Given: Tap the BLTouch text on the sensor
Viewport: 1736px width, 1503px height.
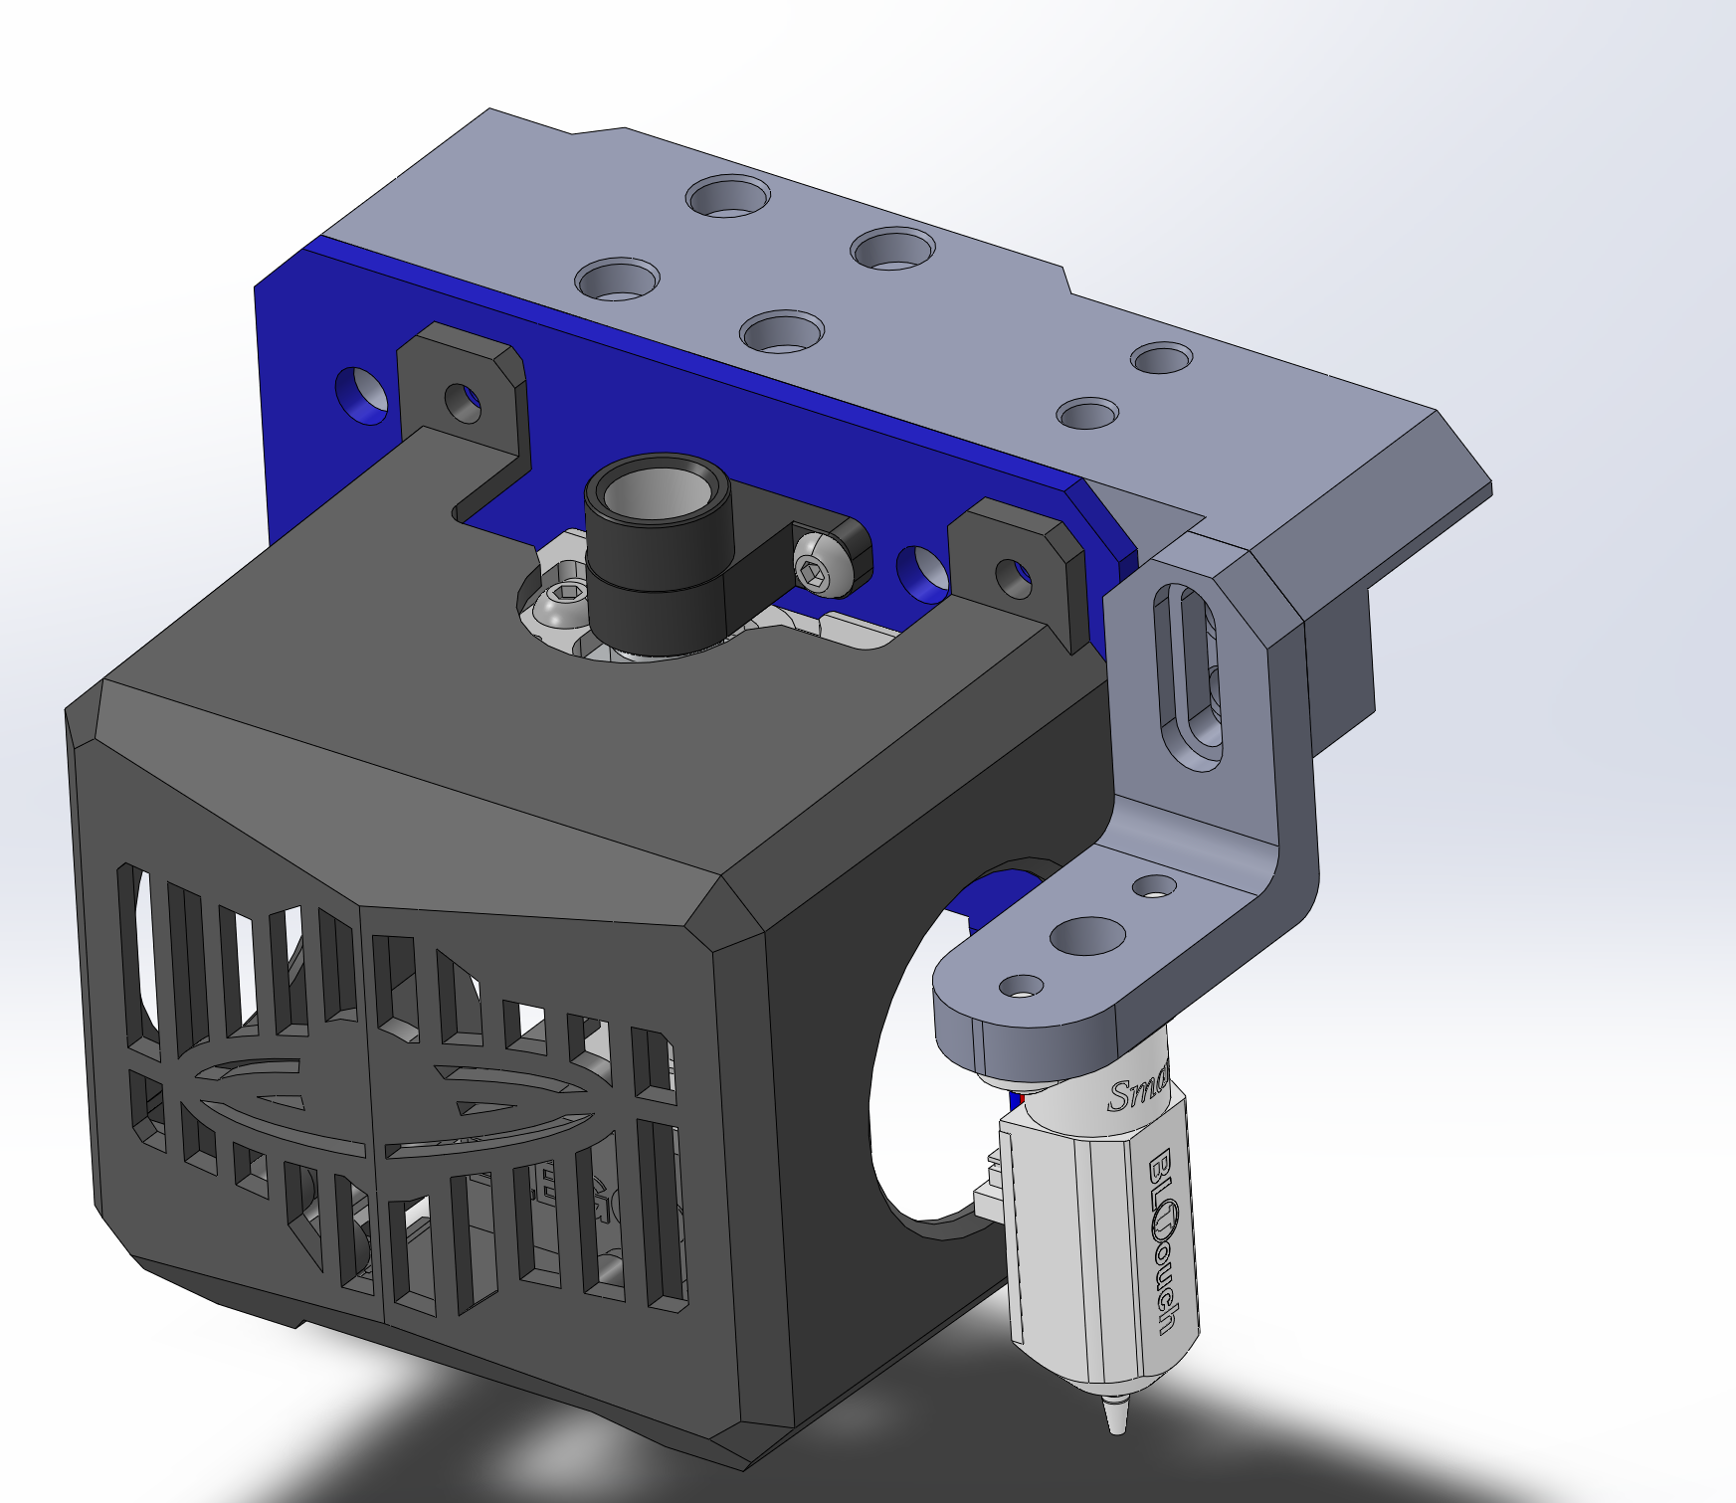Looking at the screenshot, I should (x=1164, y=1243).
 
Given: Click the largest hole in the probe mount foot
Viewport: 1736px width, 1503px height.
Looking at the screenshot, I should (x=1087, y=935).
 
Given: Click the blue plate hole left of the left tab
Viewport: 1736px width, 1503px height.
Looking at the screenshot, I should (x=363, y=393).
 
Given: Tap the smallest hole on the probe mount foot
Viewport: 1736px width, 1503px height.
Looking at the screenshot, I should (x=1154, y=884).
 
